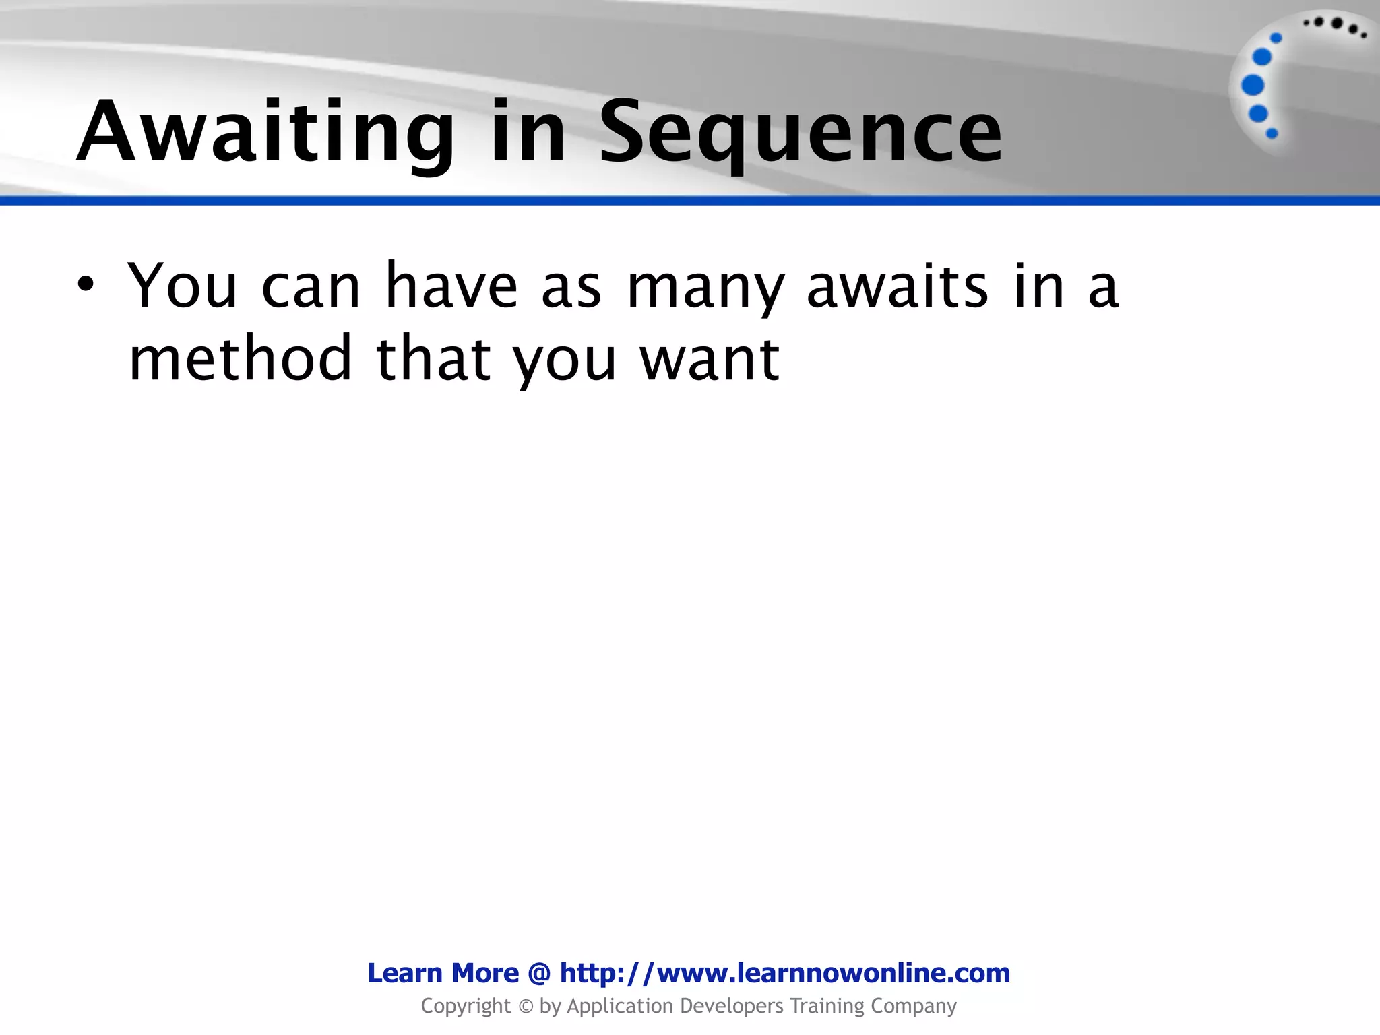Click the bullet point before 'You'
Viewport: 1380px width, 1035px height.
click(x=85, y=285)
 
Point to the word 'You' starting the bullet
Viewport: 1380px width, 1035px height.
click(x=183, y=286)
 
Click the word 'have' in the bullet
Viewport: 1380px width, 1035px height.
click(x=451, y=286)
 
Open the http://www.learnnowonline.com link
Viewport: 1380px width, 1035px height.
click(x=785, y=973)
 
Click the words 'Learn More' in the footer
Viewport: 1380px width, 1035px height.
click(x=443, y=973)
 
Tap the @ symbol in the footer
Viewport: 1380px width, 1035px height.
click(x=539, y=973)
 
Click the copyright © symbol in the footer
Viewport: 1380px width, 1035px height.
click(x=526, y=1007)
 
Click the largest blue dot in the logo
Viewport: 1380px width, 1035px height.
click(x=1253, y=86)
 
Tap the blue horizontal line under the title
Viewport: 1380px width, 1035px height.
click(x=690, y=201)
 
